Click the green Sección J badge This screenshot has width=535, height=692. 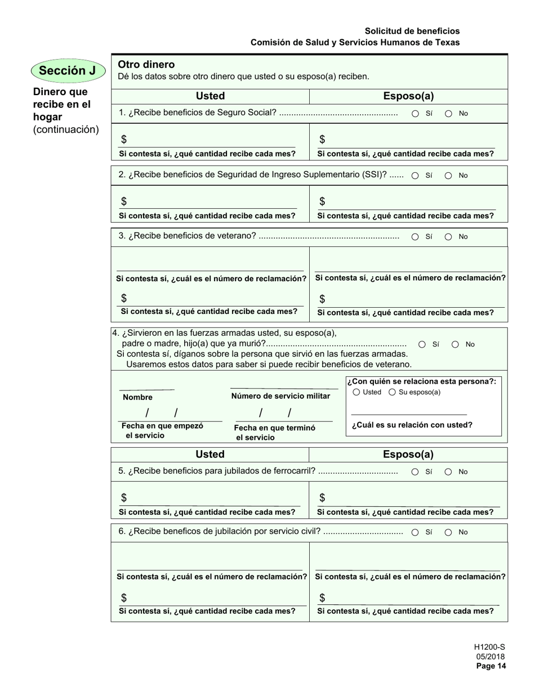coord(68,71)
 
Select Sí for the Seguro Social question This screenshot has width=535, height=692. coord(415,114)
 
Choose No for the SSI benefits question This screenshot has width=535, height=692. coord(448,176)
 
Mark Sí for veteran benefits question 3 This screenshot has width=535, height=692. coord(415,237)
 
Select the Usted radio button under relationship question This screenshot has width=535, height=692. coord(356,392)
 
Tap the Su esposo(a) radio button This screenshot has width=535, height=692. coord(393,392)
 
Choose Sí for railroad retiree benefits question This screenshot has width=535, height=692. coord(415,472)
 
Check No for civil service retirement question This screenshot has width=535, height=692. coord(448,532)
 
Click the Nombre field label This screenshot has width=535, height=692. coord(137,397)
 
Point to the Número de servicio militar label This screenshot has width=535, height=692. coord(280,396)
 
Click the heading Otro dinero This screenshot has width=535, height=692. coord(146,65)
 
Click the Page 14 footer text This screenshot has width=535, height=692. coord(491,666)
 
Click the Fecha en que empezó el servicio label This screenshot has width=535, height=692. coord(162,430)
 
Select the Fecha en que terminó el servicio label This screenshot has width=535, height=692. coord(274,432)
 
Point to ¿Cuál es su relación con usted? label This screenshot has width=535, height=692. coord(412,425)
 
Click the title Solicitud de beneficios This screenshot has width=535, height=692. coord(412,31)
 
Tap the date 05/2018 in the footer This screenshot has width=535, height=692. coord(491,657)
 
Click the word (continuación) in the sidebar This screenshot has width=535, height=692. coord(66,130)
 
